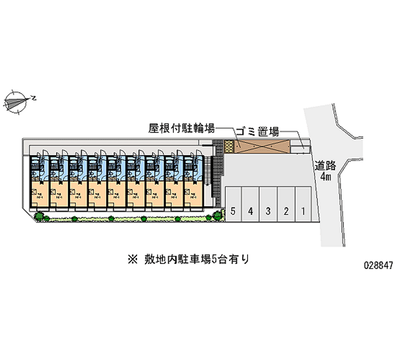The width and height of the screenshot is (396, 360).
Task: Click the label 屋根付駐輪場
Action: [181, 129]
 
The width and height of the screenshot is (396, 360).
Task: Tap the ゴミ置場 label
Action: [257, 132]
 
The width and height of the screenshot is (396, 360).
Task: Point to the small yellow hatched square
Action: [228, 147]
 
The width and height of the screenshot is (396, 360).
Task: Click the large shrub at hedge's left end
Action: [39, 215]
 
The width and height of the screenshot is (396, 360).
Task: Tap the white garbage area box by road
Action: [300, 146]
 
